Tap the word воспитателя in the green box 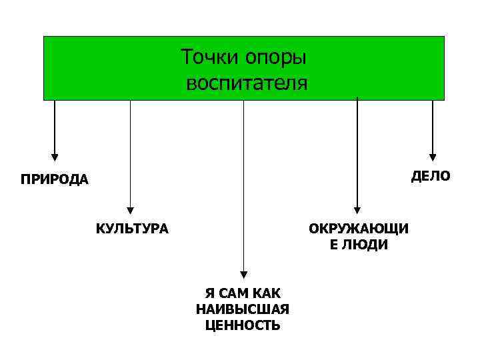coord(247,84)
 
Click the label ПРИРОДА coord(54,180)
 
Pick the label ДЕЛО coord(431,176)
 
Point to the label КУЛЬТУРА coord(132,229)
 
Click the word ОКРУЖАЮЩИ coord(359,229)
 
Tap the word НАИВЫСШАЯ coord(243,309)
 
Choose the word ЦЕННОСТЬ coord(243,325)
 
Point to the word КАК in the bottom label coord(269,293)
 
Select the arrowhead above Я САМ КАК coord(244,274)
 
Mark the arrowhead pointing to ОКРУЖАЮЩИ coord(357,208)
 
